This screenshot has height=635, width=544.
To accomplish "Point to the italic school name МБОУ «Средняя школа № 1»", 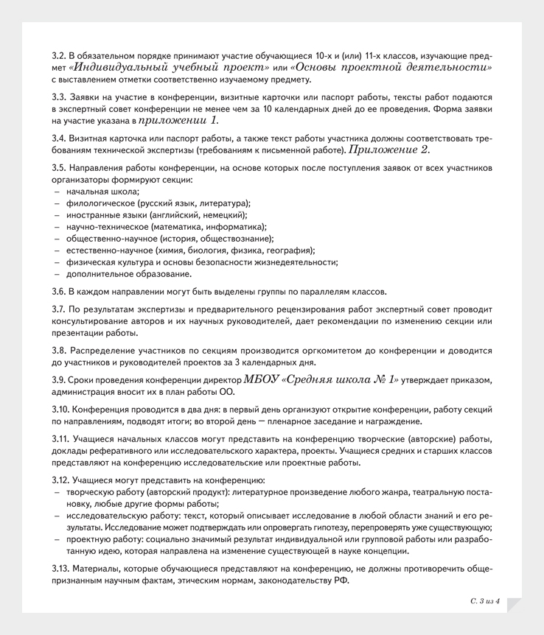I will tap(321, 379).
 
